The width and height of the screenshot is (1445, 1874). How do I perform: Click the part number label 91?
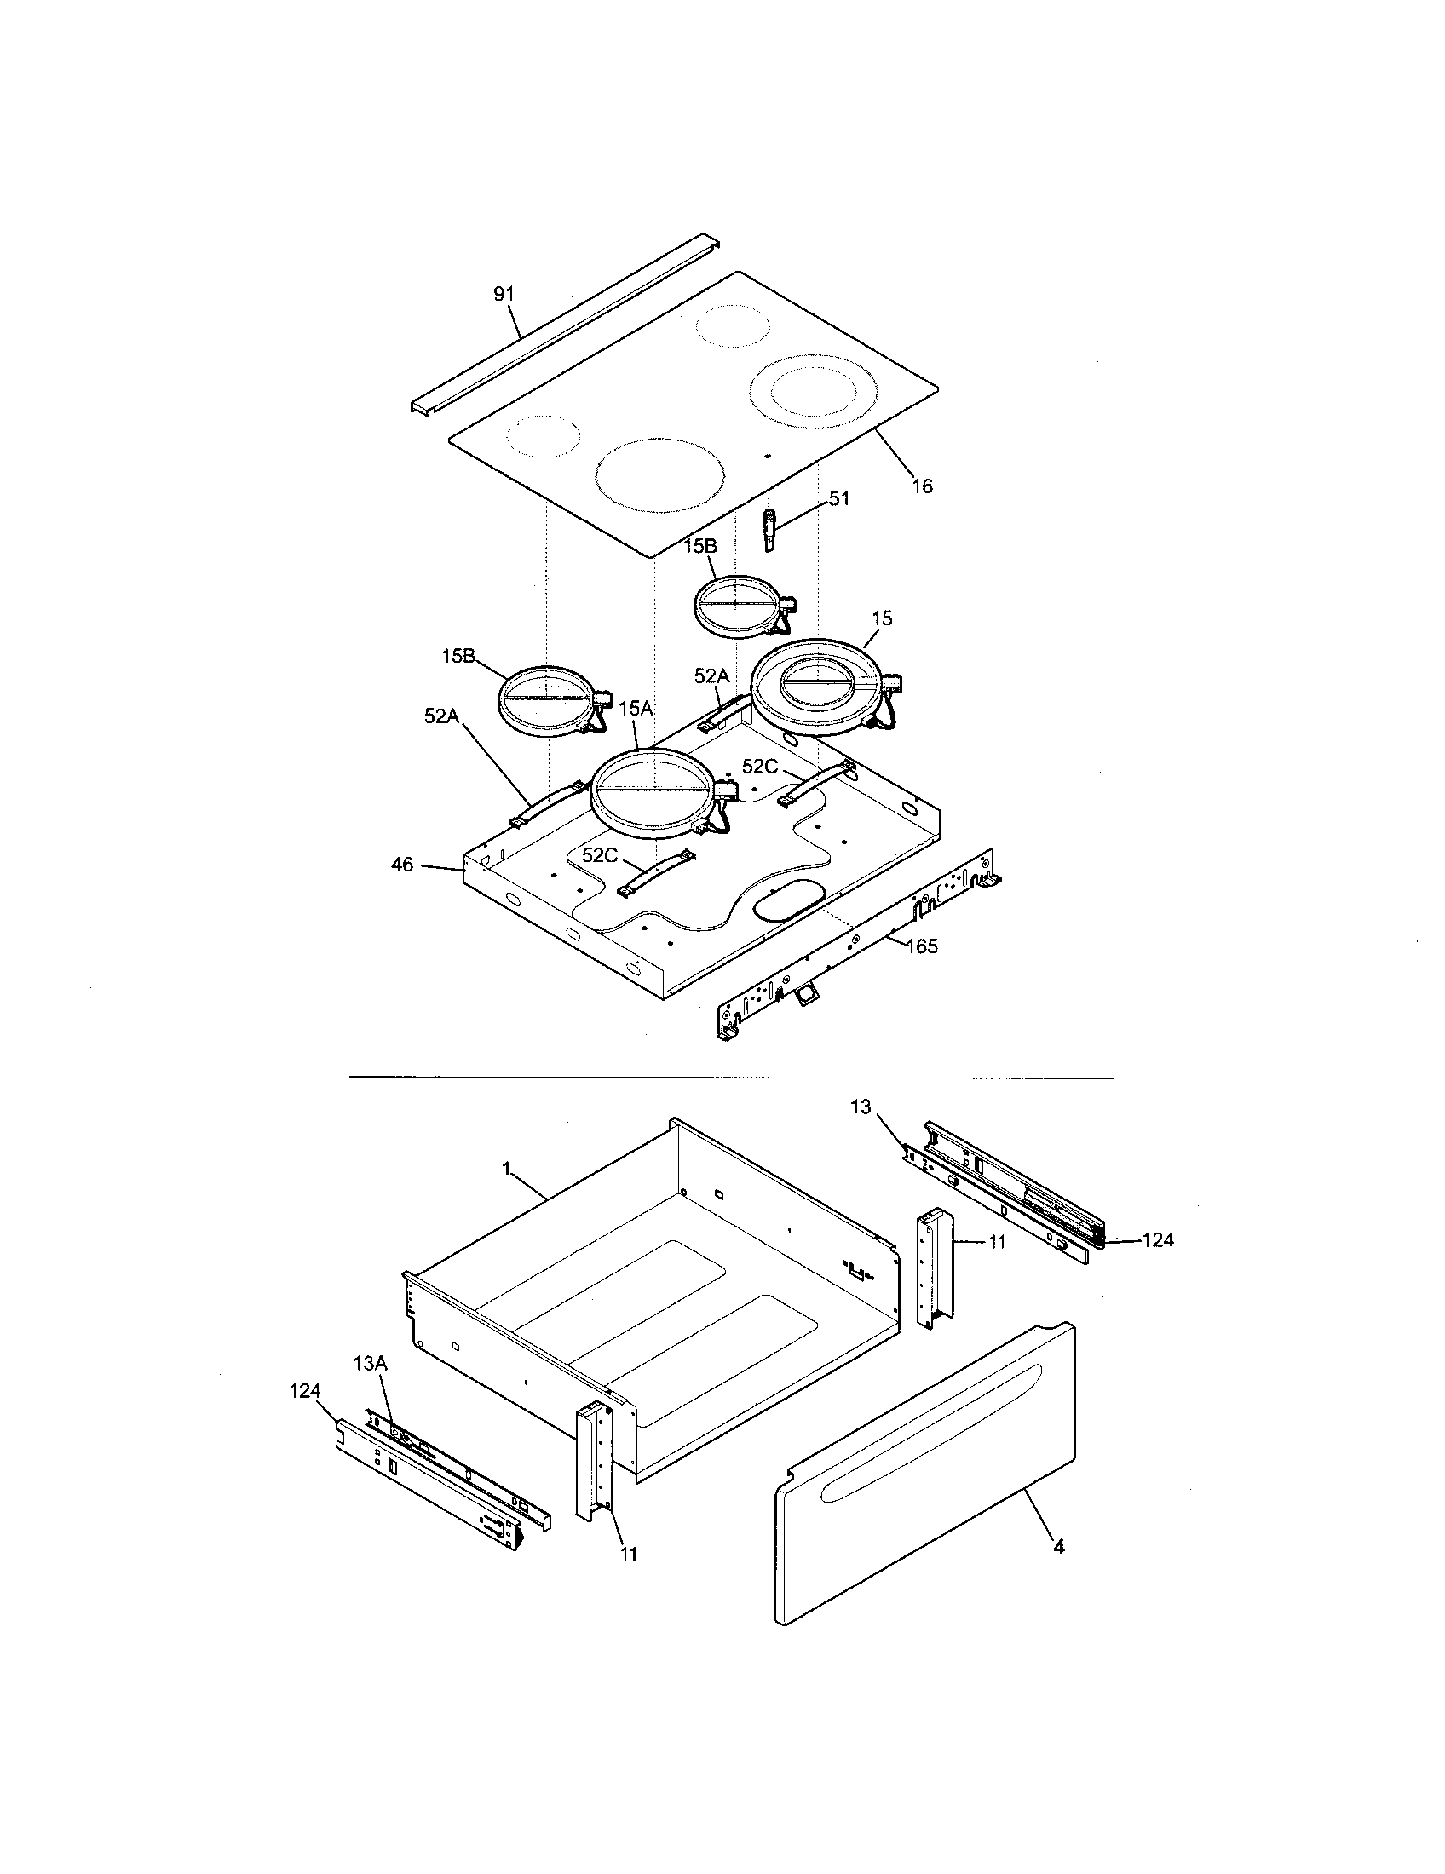(503, 295)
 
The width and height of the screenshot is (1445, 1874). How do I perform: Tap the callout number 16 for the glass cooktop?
(922, 486)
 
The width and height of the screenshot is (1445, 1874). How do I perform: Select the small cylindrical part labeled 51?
(769, 532)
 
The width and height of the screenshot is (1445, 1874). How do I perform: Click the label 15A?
(636, 708)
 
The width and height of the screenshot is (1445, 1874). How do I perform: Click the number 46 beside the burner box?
(402, 865)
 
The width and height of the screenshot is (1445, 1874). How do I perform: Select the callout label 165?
(920, 946)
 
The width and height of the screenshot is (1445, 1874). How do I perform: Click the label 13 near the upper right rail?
(861, 1107)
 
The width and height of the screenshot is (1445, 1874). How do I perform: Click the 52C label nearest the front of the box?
(600, 855)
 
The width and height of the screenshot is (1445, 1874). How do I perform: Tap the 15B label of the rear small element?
(699, 547)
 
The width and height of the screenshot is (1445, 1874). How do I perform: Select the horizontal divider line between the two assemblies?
(730, 1077)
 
